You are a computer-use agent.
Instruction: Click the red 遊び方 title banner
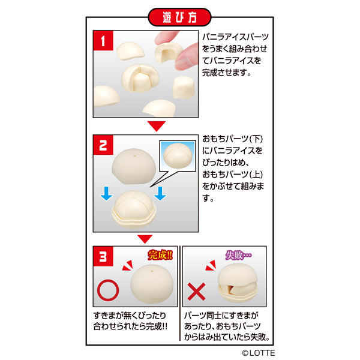click(179, 17)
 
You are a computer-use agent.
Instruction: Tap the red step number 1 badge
click(103, 41)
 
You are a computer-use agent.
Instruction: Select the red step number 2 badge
click(103, 145)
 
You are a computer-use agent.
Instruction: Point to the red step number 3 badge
click(103, 256)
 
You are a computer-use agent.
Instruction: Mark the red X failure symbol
click(196, 292)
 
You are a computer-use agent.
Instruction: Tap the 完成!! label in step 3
click(160, 255)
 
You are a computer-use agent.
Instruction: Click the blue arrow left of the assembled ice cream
click(106, 193)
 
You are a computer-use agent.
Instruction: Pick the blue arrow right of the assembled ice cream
click(160, 193)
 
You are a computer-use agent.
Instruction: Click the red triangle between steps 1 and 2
click(157, 126)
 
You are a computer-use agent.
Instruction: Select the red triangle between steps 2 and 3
click(145, 239)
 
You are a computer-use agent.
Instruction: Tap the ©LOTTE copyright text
click(258, 353)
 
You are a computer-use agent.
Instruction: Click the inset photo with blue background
click(178, 156)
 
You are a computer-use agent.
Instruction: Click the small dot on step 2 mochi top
click(134, 155)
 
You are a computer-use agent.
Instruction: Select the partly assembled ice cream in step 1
click(140, 78)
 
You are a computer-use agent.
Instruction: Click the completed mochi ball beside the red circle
click(152, 284)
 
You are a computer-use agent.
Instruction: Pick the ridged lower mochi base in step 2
click(134, 218)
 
